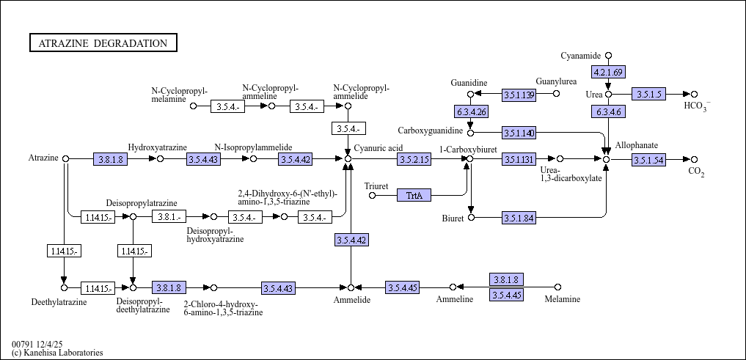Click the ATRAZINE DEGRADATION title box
point(103,43)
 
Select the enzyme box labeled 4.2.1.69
point(608,72)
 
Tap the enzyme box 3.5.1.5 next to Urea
point(648,94)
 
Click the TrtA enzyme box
point(414,195)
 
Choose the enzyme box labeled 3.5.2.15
point(414,158)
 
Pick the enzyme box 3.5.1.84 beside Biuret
point(519,218)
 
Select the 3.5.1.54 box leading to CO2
point(648,159)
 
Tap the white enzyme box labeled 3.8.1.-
point(170,216)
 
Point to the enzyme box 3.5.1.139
point(519,95)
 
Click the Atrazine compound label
point(43,158)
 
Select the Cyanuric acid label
point(379,147)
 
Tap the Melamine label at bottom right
point(562,299)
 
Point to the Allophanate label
point(636,145)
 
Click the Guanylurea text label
point(556,81)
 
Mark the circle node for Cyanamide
point(608,56)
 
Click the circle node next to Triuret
point(372,195)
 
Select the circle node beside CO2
point(694,159)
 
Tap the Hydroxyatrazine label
point(158,147)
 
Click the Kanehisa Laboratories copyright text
point(57,353)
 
